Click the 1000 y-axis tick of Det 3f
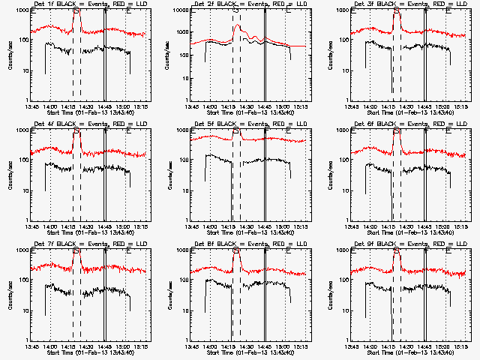342,11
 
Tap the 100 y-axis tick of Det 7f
22,280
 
